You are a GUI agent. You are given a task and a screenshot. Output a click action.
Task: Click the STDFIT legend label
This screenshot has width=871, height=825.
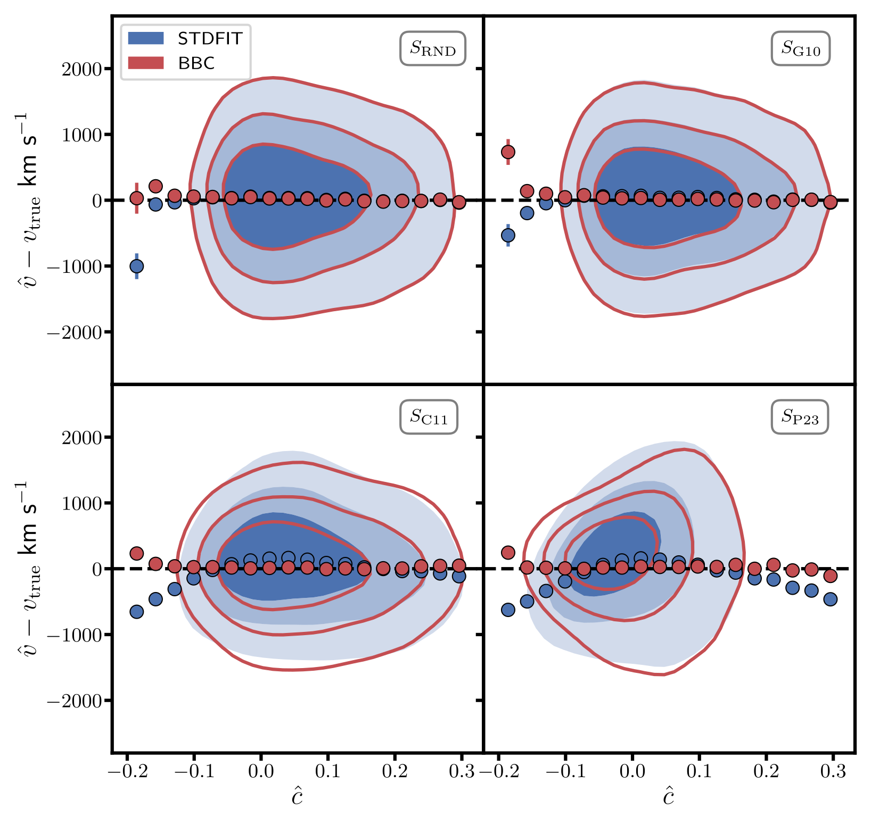coord(210,38)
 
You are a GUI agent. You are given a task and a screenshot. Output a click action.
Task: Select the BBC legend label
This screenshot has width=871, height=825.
coord(196,63)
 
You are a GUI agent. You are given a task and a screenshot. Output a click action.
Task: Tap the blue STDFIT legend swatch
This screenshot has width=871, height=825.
coord(146,38)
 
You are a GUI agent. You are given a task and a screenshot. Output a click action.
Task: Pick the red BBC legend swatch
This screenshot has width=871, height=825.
coord(146,63)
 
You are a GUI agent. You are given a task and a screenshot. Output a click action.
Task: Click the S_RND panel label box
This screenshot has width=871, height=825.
coord(432,48)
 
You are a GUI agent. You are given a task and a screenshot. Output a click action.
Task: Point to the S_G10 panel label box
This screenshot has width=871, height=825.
coord(800,48)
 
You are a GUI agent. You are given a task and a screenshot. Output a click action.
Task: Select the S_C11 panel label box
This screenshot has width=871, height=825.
coord(429,417)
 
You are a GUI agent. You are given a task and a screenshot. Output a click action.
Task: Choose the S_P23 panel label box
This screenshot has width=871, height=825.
coord(800,417)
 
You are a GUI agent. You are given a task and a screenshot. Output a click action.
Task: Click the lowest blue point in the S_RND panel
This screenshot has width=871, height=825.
coord(137,266)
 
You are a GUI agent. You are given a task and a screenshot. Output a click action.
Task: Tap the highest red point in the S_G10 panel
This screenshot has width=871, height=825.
coord(508,152)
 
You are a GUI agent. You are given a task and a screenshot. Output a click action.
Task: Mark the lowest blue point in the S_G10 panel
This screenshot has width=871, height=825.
coord(508,235)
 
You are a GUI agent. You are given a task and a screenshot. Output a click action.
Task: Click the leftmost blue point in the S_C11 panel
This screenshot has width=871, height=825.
coord(137,612)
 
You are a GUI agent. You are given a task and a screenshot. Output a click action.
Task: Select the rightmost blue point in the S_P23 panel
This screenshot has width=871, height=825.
coord(830,599)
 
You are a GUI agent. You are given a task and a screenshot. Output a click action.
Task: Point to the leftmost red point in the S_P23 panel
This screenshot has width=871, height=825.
coord(508,553)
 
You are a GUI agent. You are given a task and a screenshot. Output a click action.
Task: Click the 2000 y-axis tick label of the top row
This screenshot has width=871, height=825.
coord(82,69)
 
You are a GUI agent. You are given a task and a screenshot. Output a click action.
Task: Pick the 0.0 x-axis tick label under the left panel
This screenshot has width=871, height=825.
coord(260,772)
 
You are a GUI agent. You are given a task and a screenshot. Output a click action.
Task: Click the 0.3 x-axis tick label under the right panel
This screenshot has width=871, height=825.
coord(833,772)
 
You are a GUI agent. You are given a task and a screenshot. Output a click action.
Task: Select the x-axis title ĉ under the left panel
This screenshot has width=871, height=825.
coord(297,797)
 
